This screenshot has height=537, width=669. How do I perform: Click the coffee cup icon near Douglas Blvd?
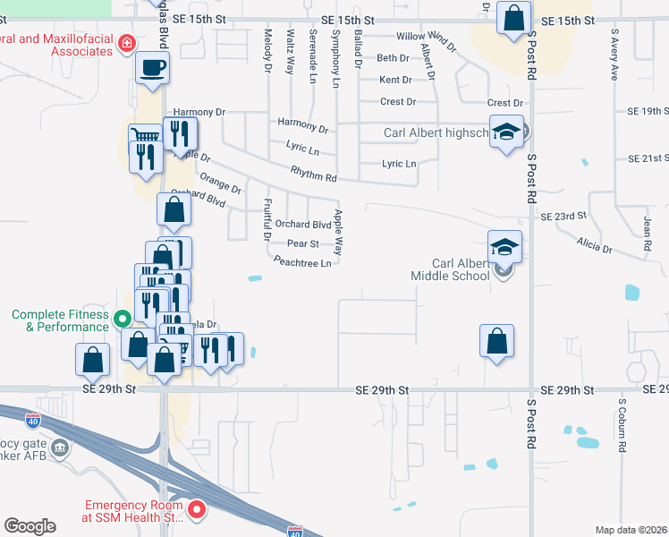pos(153,67)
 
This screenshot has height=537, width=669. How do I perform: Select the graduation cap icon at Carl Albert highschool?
pos(506,132)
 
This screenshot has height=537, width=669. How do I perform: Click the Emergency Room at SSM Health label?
pos(133,511)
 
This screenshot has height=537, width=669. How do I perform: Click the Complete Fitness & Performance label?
pos(61,320)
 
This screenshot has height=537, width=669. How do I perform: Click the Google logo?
pos(30,526)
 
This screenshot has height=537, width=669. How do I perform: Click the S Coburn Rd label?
pos(620,426)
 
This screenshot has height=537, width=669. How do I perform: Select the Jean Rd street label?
pos(646,232)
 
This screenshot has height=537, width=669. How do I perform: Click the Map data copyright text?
pos(631,530)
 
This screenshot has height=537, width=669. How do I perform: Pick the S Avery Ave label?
pos(614,59)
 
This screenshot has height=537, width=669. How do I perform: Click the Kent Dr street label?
pos(394,80)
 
